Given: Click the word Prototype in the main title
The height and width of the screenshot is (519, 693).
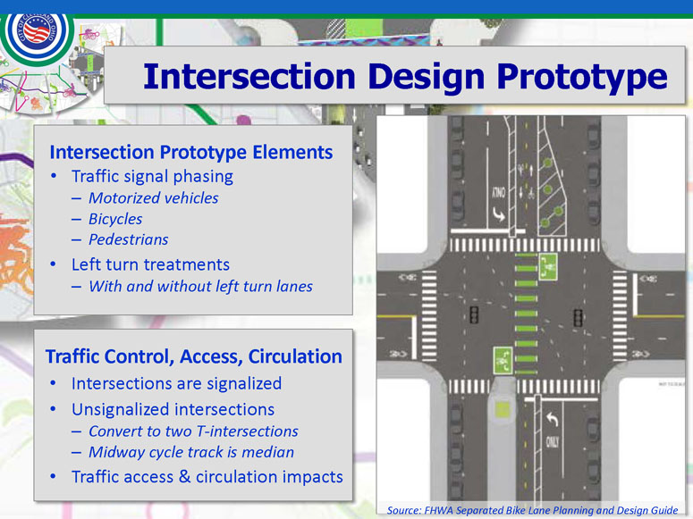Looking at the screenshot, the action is [582, 77].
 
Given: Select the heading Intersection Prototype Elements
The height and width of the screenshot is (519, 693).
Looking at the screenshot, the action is [191, 153].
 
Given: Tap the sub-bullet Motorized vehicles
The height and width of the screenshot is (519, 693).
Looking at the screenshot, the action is [154, 198].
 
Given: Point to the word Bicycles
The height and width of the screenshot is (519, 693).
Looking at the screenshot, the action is [115, 219].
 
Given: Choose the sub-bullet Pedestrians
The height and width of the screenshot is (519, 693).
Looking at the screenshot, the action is [128, 239].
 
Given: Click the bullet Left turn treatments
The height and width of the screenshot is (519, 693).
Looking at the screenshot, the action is [150, 264].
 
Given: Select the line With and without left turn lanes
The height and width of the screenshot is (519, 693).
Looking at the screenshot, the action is [200, 286].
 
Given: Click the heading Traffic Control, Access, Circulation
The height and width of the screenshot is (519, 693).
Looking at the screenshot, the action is [193, 356].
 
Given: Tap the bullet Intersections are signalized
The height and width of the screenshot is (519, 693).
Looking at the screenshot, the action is [176, 383].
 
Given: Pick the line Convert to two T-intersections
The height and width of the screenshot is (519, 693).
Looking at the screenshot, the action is [193, 431].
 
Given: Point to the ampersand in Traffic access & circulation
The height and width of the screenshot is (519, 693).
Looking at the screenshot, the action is [185, 476].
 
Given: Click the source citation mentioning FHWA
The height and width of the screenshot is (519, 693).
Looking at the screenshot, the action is [532, 511].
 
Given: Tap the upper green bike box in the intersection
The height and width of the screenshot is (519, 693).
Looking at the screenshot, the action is [548, 266].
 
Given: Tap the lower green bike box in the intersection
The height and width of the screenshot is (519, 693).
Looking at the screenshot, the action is [503, 360].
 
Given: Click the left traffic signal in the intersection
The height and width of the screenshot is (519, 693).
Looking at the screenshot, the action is [474, 314].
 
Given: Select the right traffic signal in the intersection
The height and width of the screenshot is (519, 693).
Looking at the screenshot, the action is [578, 318].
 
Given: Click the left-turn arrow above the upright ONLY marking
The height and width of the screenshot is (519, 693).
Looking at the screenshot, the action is [552, 419].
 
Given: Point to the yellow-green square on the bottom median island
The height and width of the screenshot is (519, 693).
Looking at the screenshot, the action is [503, 409].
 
